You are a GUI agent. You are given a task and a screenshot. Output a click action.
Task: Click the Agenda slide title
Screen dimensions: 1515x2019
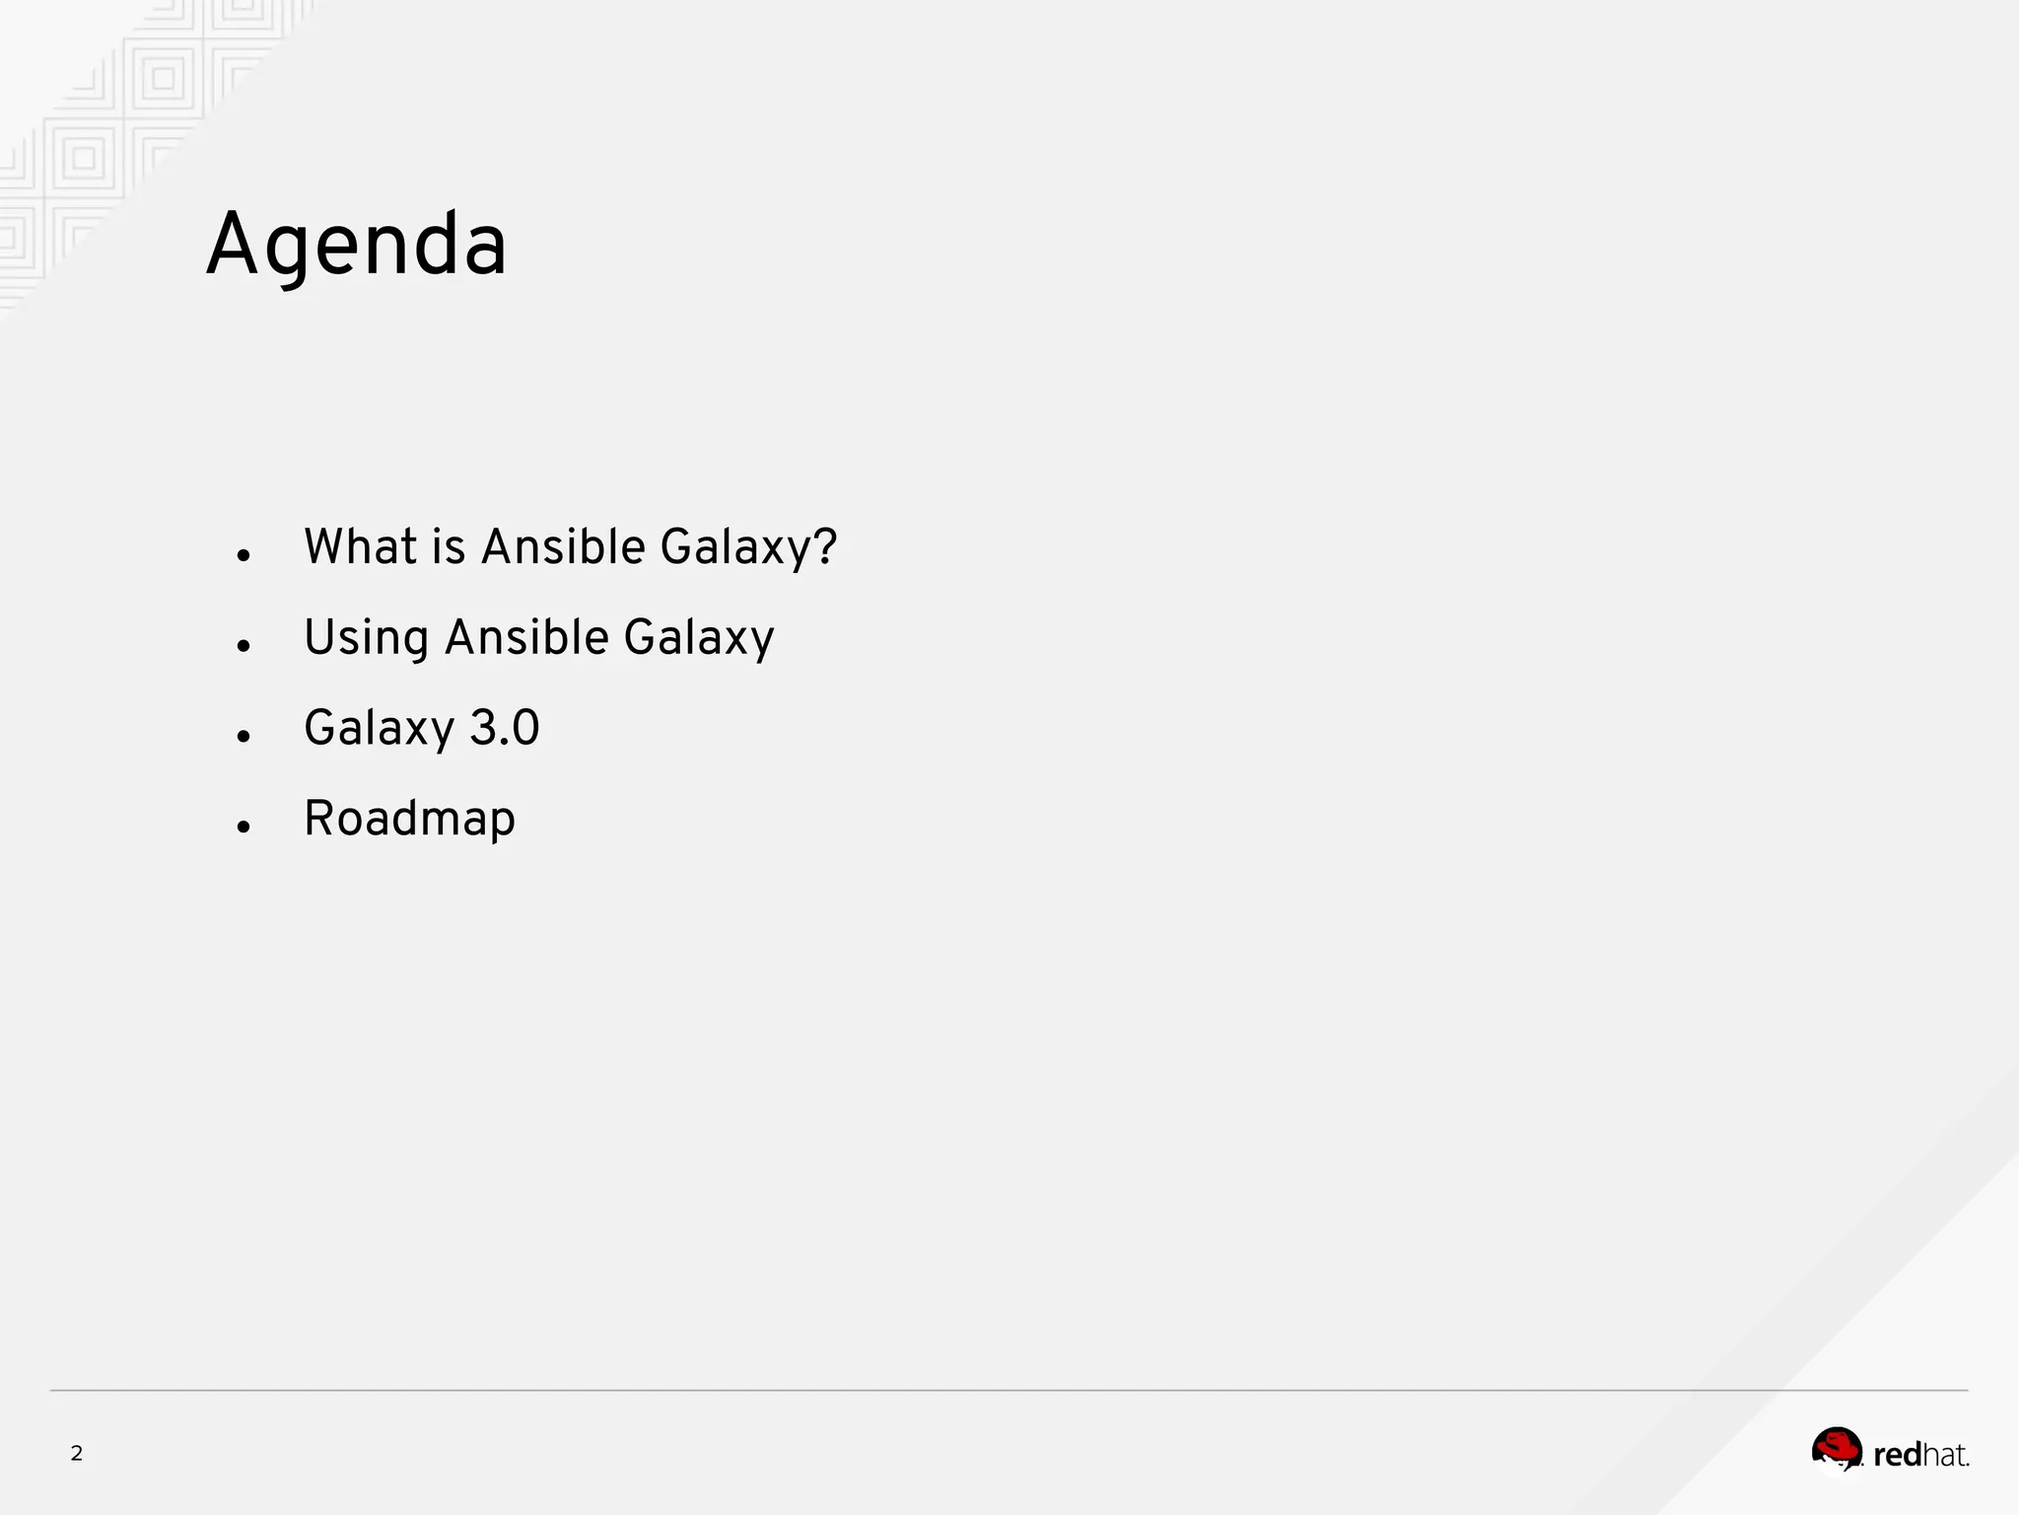(x=356, y=247)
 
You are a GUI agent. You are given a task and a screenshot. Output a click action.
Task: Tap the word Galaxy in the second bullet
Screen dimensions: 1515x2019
(x=699, y=639)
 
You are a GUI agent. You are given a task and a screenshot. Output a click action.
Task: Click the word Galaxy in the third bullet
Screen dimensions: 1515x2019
(x=379, y=730)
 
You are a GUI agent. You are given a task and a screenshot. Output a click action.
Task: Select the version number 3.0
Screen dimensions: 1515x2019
(x=504, y=728)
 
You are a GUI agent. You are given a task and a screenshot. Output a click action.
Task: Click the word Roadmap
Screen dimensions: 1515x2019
(x=409, y=820)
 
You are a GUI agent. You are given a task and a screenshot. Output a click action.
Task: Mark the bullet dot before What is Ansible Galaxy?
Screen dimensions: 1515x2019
(x=244, y=556)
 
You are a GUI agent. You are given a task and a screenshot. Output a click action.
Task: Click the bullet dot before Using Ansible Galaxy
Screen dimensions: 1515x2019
(x=244, y=647)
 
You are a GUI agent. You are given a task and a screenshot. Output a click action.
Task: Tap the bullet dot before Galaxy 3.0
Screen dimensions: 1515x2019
(x=244, y=737)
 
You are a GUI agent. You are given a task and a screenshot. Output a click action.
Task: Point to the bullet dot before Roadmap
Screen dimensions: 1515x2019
(x=244, y=828)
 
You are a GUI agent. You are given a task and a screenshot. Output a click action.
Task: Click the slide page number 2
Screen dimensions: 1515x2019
(x=77, y=1453)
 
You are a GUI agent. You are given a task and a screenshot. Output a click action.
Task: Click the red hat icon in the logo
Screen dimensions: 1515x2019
(x=1837, y=1449)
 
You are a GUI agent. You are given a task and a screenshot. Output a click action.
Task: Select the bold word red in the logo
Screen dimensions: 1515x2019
(x=1898, y=1455)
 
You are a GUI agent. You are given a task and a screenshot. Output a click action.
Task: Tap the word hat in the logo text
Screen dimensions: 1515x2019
(x=1944, y=1455)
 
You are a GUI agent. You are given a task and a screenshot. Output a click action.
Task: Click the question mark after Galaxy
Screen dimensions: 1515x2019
(x=826, y=546)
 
